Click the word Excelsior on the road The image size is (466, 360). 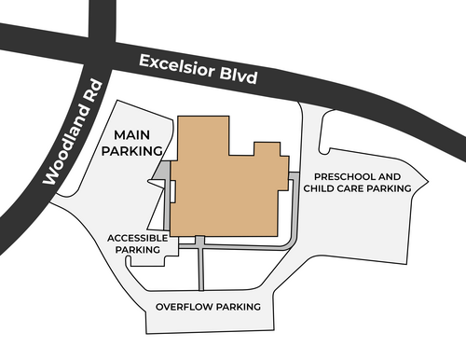click(177, 66)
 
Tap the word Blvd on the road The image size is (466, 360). click(239, 76)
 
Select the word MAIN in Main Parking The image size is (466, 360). click(132, 135)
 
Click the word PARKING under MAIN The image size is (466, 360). click(132, 151)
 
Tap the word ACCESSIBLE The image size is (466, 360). click(138, 238)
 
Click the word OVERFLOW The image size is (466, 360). click(185, 307)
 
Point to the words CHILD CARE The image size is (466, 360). click(334, 188)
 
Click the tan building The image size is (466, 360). click(224, 187)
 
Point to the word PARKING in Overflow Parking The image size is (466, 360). click(239, 307)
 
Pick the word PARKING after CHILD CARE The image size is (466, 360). click(389, 188)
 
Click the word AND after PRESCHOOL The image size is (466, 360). click(390, 176)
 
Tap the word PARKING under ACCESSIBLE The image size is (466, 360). click(138, 250)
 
